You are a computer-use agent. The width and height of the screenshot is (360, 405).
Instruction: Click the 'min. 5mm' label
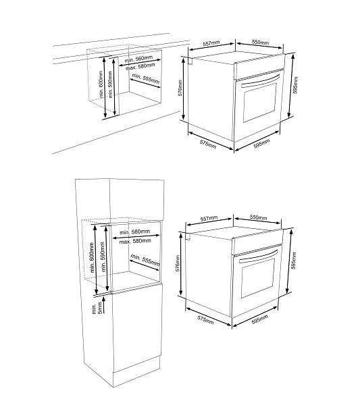tap(97, 308)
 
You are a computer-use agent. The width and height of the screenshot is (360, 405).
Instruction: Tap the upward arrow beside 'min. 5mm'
tap(104, 305)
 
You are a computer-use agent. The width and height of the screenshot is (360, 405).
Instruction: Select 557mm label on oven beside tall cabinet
tap(209, 219)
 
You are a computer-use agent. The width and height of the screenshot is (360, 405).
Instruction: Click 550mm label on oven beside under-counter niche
tap(260, 42)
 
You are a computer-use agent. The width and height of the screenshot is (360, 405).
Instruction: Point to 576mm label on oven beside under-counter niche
tap(180, 88)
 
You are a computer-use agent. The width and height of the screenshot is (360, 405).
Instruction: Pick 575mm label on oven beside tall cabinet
tap(205, 320)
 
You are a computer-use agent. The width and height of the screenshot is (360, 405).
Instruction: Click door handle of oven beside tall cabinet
tap(259, 256)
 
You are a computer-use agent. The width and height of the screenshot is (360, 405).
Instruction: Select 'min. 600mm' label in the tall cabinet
tap(92, 257)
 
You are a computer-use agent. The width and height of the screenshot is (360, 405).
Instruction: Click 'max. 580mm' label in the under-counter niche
tap(140, 66)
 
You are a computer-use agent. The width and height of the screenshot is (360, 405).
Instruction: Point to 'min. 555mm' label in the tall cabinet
tap(145, 260)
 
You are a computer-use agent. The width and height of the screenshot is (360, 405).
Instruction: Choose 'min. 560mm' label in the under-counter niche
tap(138, 59)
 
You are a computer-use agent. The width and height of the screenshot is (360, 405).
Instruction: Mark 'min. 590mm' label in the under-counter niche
tap(110, 84)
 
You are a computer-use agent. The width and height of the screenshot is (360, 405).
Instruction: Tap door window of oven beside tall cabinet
tap(258, 278)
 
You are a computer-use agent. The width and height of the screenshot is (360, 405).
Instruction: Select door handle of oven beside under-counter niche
tap(260, 81)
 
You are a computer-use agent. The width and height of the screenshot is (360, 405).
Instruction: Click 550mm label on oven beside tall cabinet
tap(259, 217)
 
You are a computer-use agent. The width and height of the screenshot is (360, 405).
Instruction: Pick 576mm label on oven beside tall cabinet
tap(178, 263)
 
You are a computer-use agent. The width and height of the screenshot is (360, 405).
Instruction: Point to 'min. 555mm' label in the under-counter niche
tap(146, 79)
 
